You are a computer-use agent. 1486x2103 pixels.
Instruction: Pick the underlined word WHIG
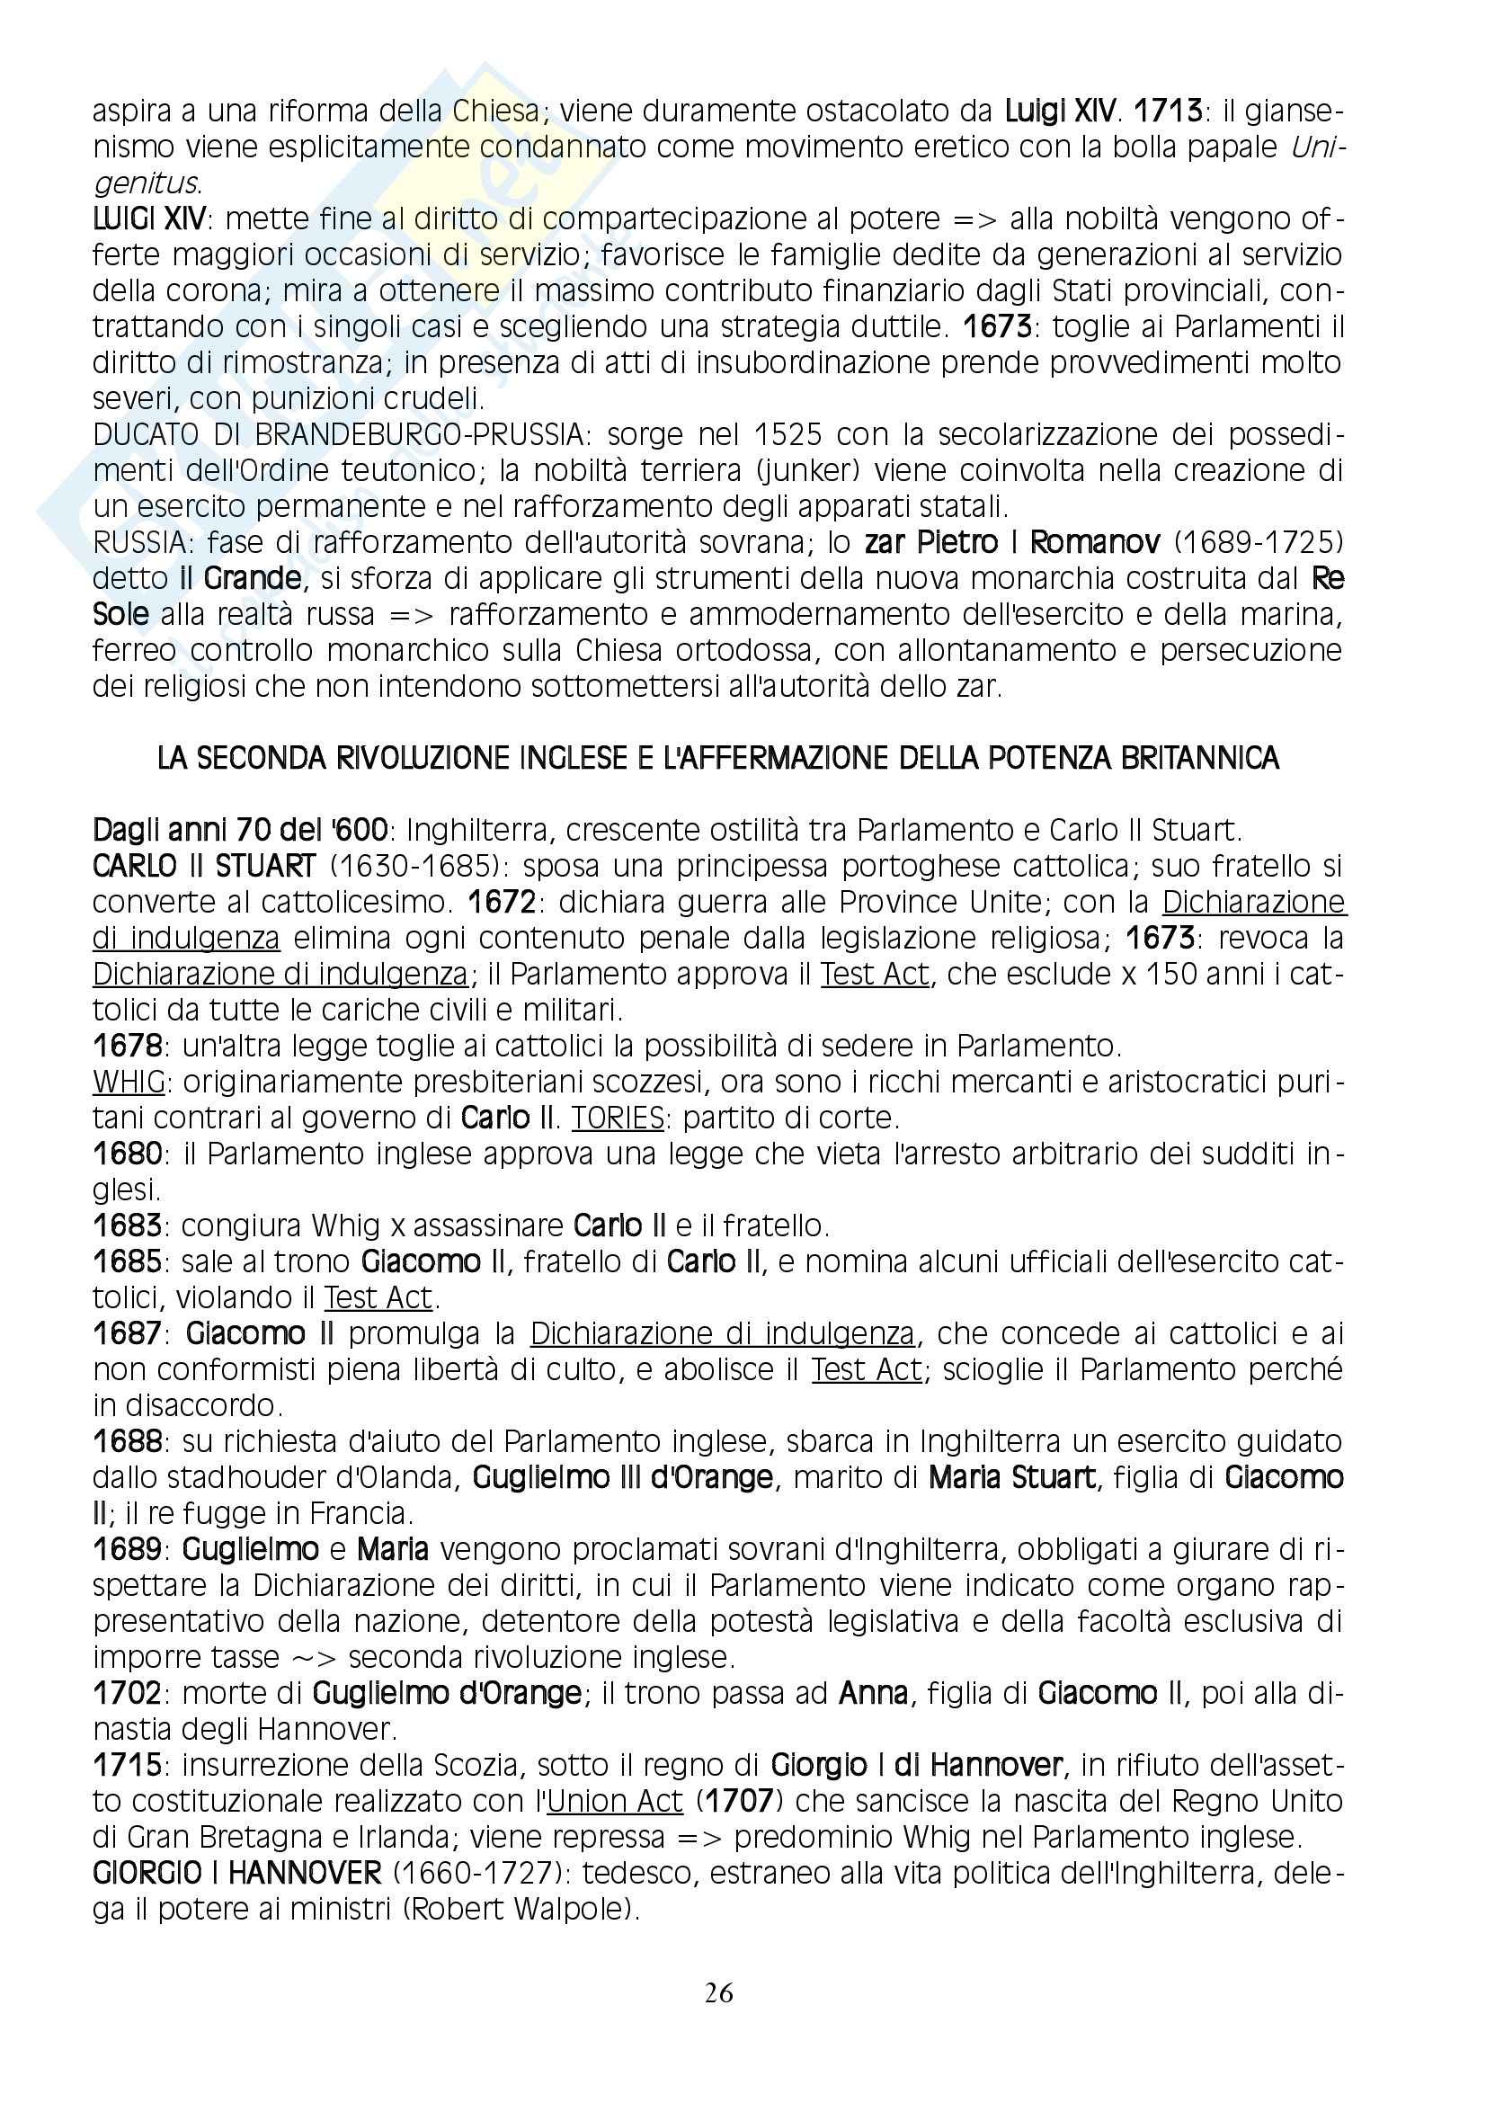(x=129, y=1082)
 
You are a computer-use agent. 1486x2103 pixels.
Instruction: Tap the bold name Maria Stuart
(x=1011, y=1478)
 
